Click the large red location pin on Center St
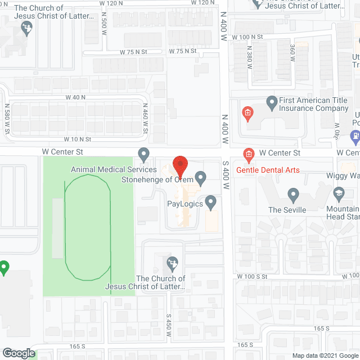click(179, 165)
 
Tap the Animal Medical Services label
click(114, 169)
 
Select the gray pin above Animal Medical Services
click(143, 154)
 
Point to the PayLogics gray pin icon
click(211, 201)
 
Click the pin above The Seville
click(292, 195)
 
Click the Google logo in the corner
click(18, 353)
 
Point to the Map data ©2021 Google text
click(325, 355)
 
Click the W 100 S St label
click(251, 277)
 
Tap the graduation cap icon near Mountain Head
click(339, 195)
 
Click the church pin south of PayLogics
click(173, 263)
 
